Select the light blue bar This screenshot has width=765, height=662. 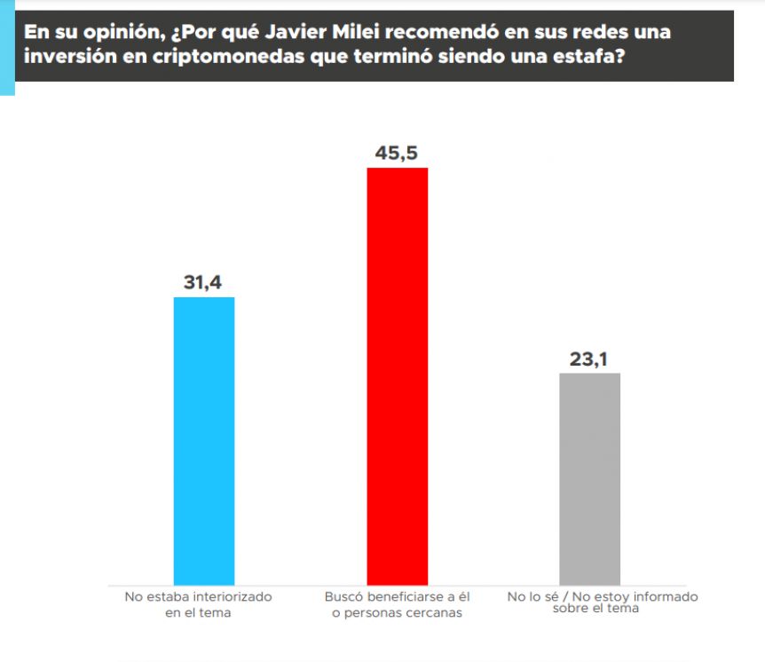pos(204,440)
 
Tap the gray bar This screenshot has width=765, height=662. pos(590,478)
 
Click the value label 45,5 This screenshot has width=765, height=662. pos(397,154)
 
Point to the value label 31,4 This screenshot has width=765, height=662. pos(203,283)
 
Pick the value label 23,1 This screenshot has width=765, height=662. pos(589,359)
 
